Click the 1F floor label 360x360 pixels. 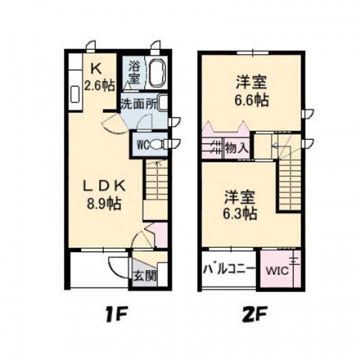[118, 315]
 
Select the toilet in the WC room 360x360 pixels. [157, 145]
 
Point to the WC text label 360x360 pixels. [140, 145]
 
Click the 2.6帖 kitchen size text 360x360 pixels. [98, 85]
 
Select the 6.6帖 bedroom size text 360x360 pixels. [252, 100]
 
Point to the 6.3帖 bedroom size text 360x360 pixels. [240, 213]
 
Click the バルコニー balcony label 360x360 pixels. [228, 270]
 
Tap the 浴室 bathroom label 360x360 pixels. [134, 71]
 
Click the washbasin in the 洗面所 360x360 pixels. [162, 102]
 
